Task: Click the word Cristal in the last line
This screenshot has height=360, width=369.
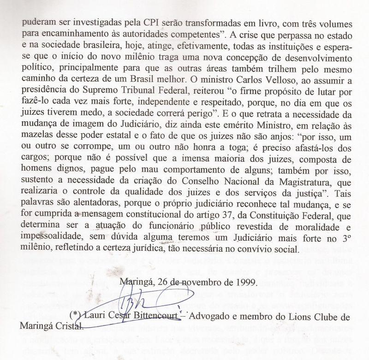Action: point(69,328)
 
